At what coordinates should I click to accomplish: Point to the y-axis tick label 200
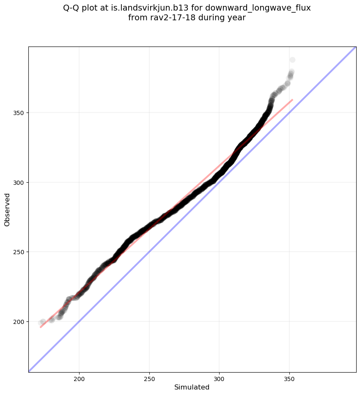click(x=19, y=321)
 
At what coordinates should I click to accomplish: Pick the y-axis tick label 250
click(x=19, y=252)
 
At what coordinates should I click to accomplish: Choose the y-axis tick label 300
click(x=19, y=182)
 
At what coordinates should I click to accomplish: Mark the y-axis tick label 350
click(x=19, y=113)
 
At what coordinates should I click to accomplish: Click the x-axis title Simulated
click(x=192, y=387)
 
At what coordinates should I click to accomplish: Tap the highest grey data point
click(x=292, y=60)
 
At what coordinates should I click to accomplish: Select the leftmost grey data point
click(x=41, y=323)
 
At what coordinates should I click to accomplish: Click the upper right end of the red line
click(x=292, y=100)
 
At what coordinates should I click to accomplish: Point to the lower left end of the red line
click(x=41, y=327)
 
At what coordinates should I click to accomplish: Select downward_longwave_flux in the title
click(x=258, y=8)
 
